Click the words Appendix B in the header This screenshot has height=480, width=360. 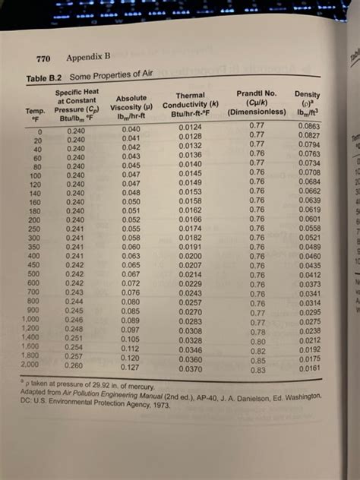pyautogui.click(x=87, y=58)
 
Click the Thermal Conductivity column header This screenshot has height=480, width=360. pyautogui.click(x=191, y=106)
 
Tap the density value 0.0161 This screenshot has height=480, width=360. pyautogui.click(x=312, y=368)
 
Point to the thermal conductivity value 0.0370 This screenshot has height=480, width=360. pyautogui.click(x=195, y=368)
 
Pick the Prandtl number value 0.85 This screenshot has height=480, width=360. pyautogui.click(x=259, y=361)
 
